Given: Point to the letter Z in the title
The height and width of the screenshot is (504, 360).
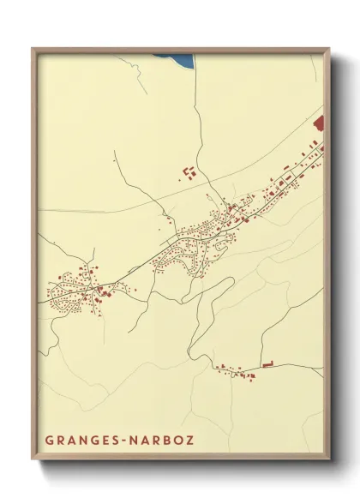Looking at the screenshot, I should (x=189, y=441).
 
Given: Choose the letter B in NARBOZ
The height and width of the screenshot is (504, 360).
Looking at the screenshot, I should (x=165, y=441).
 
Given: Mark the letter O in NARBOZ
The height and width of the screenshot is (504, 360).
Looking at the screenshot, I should (x=177, y=441).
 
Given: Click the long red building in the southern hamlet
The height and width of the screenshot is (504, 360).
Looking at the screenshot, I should (x=267, y=366).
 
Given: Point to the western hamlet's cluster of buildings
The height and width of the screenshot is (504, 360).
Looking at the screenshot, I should (x=77, y=287).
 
